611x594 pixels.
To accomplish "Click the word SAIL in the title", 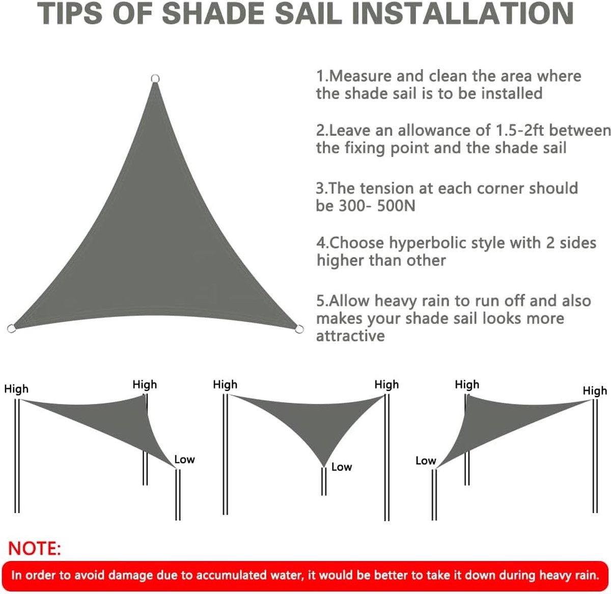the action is (308, 14).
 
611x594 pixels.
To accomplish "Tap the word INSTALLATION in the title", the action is (462, 14).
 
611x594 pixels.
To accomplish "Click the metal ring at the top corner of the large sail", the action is (155, 78).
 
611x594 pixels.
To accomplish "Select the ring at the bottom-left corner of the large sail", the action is (11, 328).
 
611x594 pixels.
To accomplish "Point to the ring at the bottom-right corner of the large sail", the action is (299, 330).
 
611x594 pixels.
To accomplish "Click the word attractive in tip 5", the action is (350, 336).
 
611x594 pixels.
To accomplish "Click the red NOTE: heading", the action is (34, 549).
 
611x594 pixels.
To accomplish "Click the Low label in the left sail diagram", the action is (185, 460).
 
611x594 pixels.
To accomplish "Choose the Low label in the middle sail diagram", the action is (342, 467).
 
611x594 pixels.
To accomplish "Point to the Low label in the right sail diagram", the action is (426, 461).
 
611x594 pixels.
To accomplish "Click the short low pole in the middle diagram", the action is (324, 481).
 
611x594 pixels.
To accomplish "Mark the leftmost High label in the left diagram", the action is (16, 390).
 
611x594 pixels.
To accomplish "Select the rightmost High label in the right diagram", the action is (595, 391).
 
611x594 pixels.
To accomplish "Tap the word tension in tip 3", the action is (387, 189).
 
